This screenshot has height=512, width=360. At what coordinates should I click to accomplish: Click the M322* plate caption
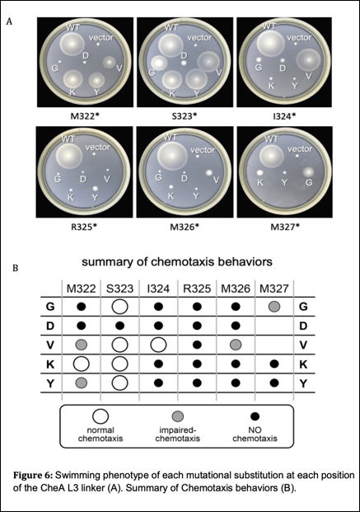[85, 116]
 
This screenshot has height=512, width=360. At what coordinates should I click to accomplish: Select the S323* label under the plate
[185, 116]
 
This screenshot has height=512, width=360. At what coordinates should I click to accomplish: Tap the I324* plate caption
[284, 116]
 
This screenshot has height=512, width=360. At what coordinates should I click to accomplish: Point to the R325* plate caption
[84, 227]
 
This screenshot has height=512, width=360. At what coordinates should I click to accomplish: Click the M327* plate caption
[285, 227]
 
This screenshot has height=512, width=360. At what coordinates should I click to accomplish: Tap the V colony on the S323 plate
[208, 62]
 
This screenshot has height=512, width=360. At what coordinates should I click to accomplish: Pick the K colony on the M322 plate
[73, 78]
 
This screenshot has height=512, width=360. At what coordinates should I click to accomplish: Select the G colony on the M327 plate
[308, 171]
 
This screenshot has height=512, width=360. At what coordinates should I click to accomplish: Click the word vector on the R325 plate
[98, 148]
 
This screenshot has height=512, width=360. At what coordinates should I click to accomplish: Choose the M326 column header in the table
[236, 289]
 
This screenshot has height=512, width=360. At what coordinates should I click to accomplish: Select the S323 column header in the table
[119, 289]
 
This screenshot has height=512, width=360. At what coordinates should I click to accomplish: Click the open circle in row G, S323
[119, 307]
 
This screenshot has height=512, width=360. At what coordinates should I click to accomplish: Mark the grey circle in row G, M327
[274, 307]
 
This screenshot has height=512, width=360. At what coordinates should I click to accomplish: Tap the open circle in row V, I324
[158, 345]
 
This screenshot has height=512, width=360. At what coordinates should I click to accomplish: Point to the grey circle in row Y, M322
[82, 383]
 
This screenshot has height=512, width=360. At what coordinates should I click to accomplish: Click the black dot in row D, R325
[197, 326]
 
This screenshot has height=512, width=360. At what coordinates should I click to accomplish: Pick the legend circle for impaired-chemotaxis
[178, 416]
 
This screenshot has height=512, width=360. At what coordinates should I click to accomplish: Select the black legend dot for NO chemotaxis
[255, 416]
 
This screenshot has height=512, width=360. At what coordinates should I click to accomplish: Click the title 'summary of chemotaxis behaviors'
[177, 262]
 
